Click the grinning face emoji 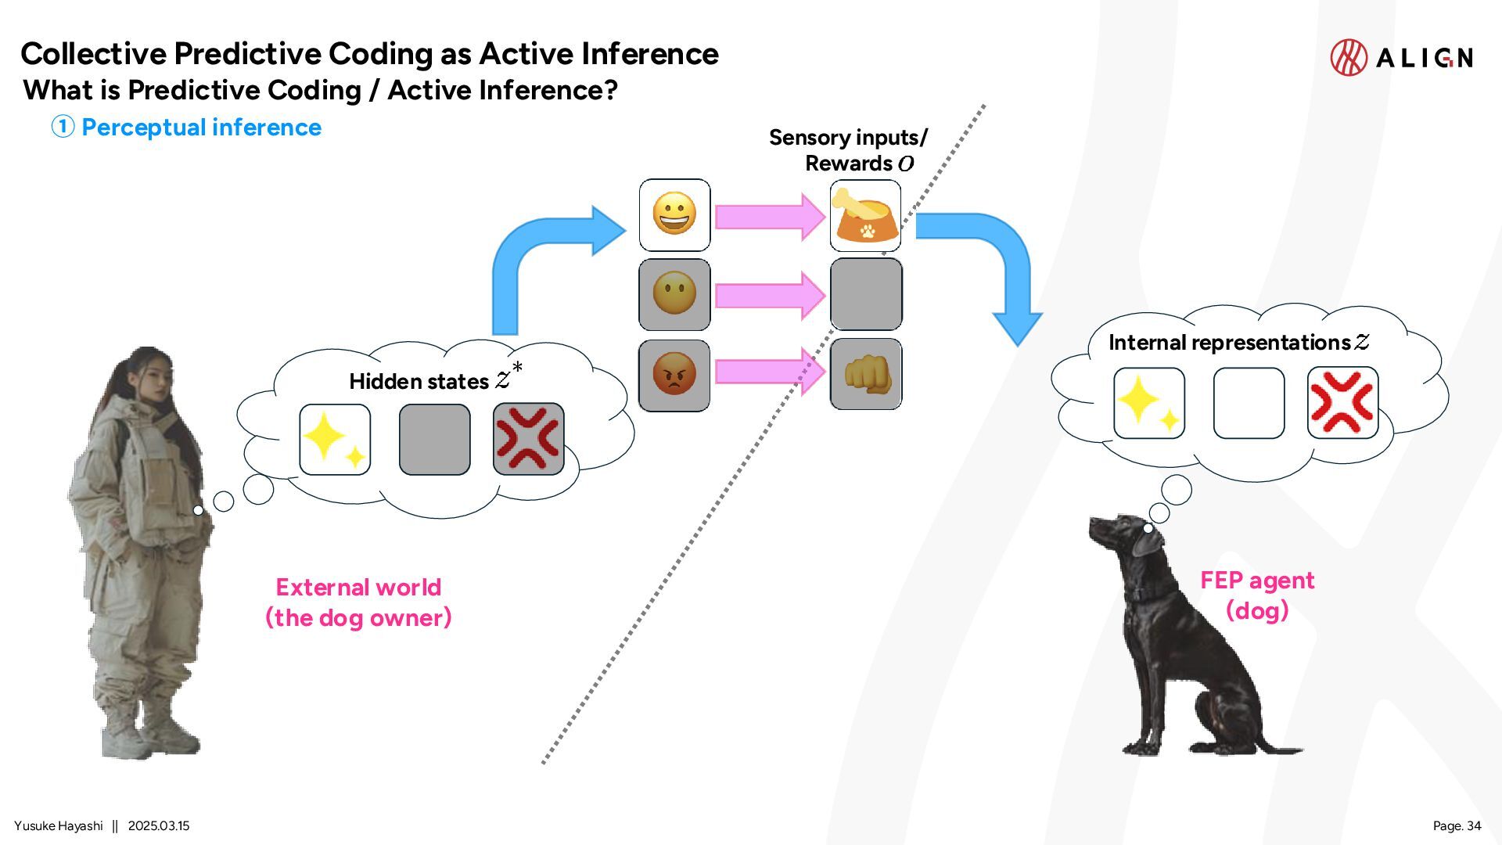point(674,214)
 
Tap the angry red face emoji point(674,374)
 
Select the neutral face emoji point(674,293)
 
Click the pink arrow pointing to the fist point(771,372)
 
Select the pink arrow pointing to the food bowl point(771,216)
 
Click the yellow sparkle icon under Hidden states point(334,439)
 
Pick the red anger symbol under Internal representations point(1342,403)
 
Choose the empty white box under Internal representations point(1249,403)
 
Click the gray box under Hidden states point(434,439)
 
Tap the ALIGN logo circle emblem point(1349,57)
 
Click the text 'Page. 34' point(1457,825)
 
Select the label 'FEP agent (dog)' point(1257,595)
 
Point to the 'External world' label point(358,587)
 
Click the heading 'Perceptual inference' point(201,127)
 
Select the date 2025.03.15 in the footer point(159,825)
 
